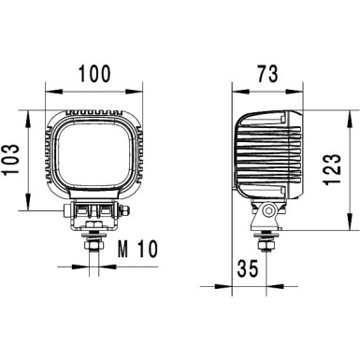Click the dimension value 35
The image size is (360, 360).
pos(245,268)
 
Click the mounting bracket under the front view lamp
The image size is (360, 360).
pos(94,214)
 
